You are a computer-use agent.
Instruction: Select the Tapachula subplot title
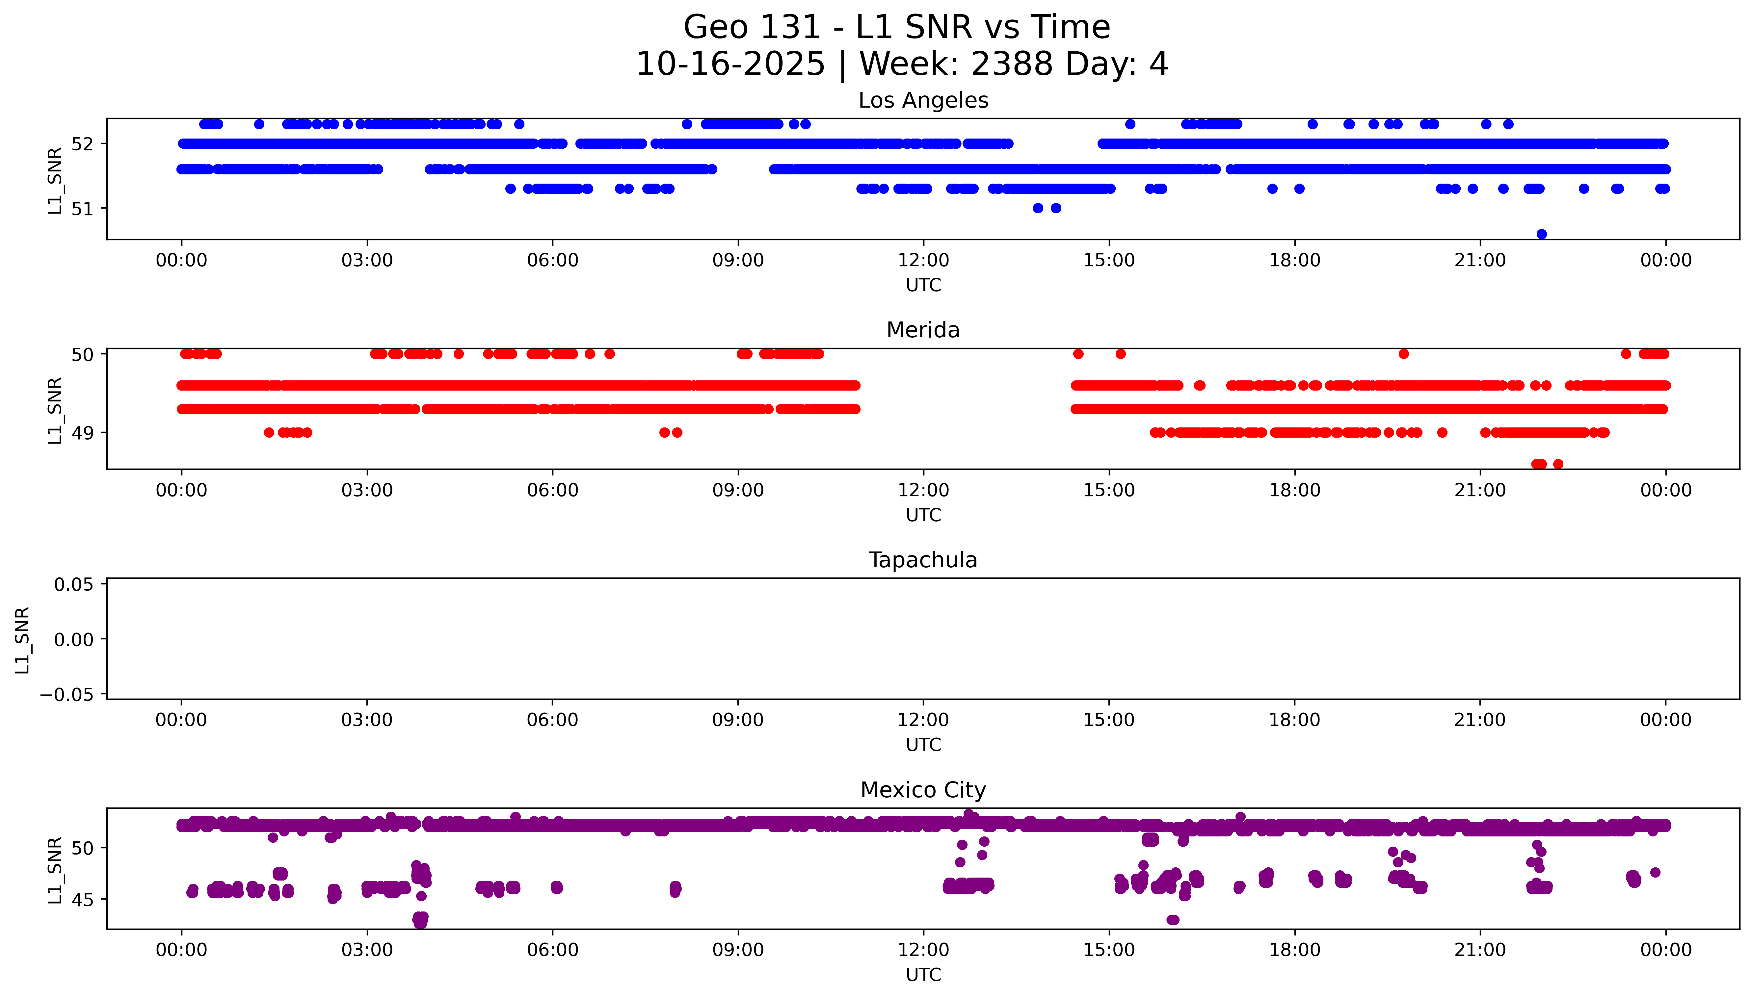[x=923, y=560]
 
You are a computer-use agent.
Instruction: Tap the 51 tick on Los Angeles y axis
[x=82, y=208]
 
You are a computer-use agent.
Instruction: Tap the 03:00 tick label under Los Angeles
[x=367, y=261]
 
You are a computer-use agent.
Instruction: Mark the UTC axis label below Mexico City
[x=923, y=975]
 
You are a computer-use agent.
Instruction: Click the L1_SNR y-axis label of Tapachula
[x=23, y=640]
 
